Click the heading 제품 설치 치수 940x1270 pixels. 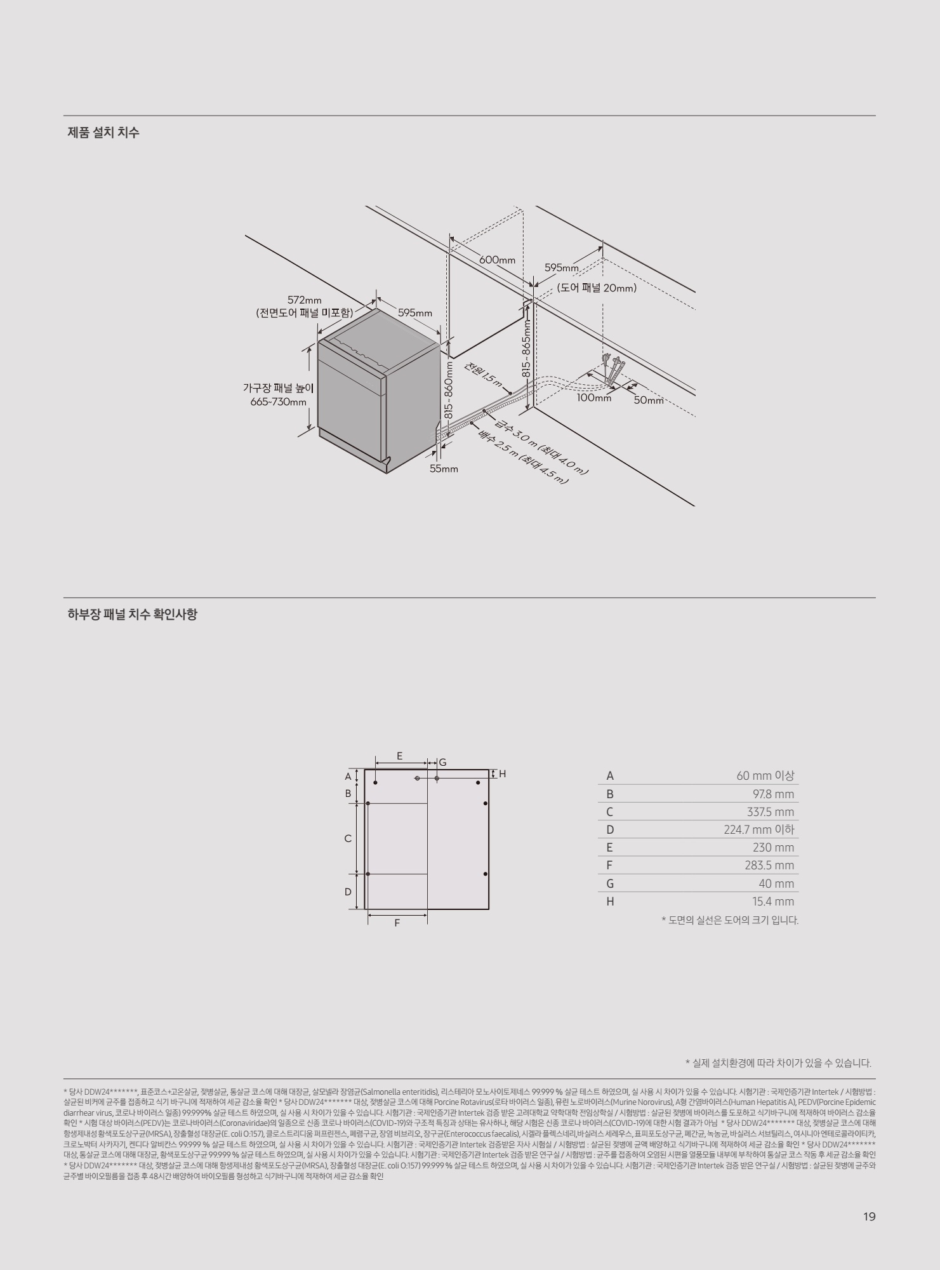click(103, 133)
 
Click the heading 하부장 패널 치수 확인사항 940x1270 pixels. click(132, 615)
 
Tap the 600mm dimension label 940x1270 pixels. click(497, 260)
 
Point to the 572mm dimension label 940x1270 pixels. click(305, 300)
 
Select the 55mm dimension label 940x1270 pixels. click(444, 469)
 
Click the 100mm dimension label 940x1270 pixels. click(593, 398)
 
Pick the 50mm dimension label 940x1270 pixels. click(648, 400)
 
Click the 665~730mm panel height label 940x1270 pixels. click(279, 402)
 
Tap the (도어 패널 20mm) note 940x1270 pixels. click(597, 288)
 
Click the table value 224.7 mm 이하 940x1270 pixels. click(759, 830)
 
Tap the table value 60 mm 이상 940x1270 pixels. click(765, 776)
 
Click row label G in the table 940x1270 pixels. click(610, 884)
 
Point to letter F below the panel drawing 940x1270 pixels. click(397, 923)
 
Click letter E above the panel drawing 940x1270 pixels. click(399, 756)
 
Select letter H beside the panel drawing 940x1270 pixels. click(502, 773)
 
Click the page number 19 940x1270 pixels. click(869, 1217)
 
